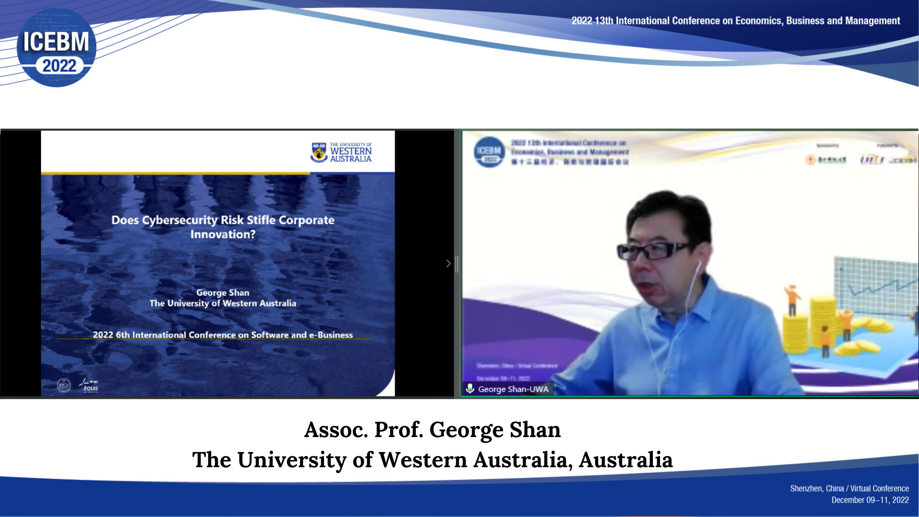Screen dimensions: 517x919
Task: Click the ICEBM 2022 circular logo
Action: pos(56,47)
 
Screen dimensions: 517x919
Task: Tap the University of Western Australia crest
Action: pos(319,152)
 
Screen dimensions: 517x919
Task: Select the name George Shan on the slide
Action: pos(223,292)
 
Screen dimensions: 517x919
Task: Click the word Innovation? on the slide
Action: pos(223,235)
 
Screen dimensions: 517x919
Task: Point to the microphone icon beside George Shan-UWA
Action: pos(470,389)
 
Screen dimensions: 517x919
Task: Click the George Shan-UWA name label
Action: pos(513,389)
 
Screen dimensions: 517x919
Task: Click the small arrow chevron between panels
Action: pos(448,263)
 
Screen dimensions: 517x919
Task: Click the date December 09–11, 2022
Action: pos(870,500)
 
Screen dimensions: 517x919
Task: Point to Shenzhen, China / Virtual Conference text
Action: pos(849,488)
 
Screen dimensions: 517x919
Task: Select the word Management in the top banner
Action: pos(872,21)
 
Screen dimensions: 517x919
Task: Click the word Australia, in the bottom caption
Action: pos(523,460)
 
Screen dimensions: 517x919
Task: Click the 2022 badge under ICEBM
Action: pos(59,66)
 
